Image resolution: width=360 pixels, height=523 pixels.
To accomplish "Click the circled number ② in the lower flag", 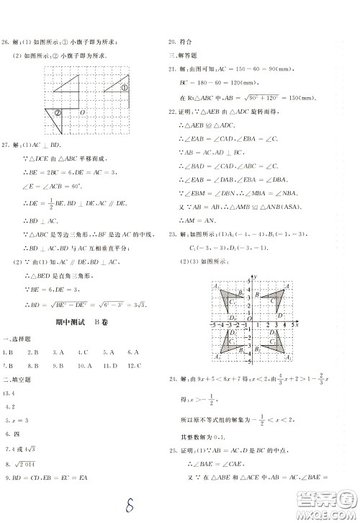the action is coord(58,112).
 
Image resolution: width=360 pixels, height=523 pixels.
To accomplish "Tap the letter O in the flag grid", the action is coord(82,112).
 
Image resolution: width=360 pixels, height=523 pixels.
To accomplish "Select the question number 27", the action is coord(9,146).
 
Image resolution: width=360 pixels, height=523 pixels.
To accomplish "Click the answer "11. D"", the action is coord(107,366).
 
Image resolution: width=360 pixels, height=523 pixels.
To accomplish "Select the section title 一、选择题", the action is coord(18,339).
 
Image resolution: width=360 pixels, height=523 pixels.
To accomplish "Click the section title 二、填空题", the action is coord(18,380).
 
